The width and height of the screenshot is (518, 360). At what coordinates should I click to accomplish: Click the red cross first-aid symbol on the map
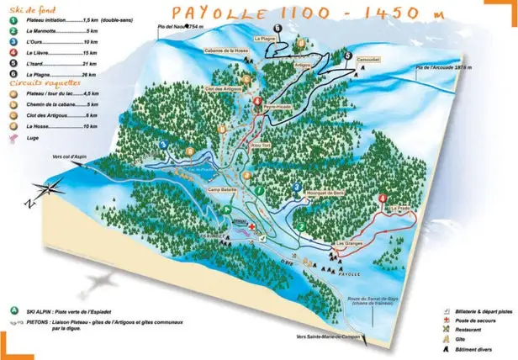270,227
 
